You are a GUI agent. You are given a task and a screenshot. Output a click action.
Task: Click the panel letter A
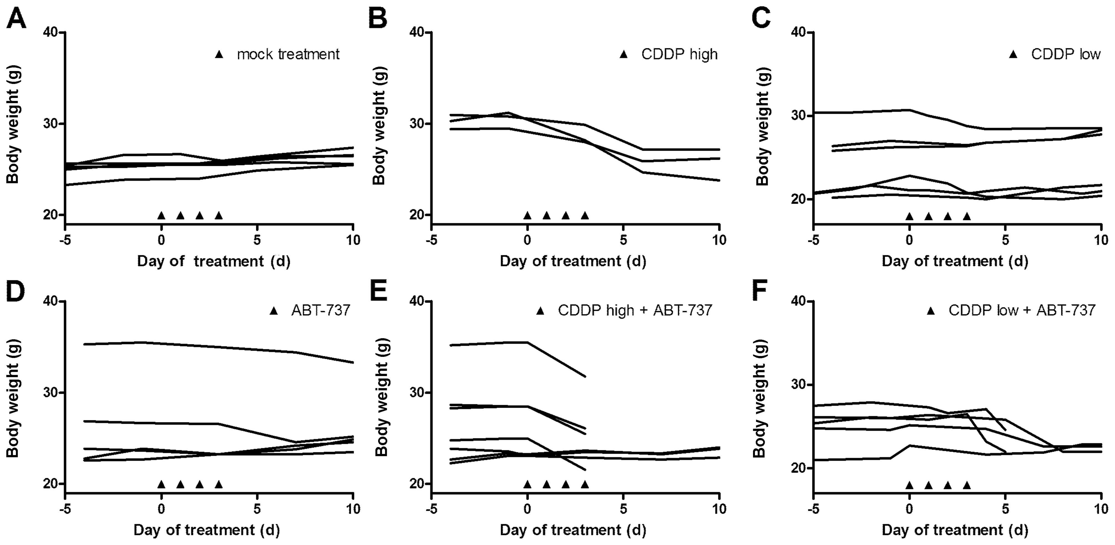tap(16, 19)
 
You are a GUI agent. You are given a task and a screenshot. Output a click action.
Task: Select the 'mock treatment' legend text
tap(288, 54)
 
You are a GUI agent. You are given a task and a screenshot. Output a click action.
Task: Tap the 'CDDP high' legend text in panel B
tap(679, 54)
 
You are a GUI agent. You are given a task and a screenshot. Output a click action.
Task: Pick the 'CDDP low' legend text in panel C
tap(1066, 54)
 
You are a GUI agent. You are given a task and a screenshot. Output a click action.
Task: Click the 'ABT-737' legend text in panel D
tap(320, 311)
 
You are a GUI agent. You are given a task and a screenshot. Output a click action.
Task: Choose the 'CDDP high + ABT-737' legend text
tap(635, 311)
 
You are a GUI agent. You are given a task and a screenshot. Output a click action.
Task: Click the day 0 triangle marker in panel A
tap(162, 215)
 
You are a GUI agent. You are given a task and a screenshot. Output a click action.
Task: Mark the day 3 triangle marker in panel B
tap(585, 215)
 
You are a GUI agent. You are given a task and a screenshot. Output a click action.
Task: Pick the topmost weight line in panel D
tap(217, 347)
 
